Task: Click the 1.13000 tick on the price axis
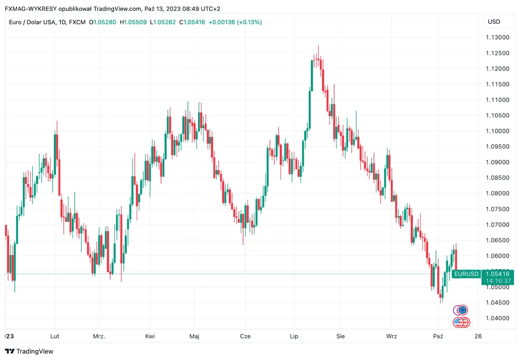pyautogui.click(x=498, y=37)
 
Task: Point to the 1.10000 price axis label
pyautogui.click(x=498, y=131)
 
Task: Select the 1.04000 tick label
pyautogui.click(x=498, y=318)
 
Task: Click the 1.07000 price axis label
pyautogui.click(x=498, y=225)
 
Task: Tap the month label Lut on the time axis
pyautogui.click(x=55, y=336)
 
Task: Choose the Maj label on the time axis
pyautogui.click(x=195, y=336)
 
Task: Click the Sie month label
pyautogui.click(x=341, y=336)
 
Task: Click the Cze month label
pyautogui.click(x=245, y=336)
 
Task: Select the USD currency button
pyautogui.click(x=494, y=22)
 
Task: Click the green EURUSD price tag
pyautogui.click(x=466, y=274)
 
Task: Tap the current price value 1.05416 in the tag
pyautogui.click(x=498, y=274)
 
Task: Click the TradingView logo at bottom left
pyautogui.click(x=29, y=351)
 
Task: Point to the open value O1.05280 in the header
pyautogui.click(x=102, y=22)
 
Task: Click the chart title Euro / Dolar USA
pyautogui.click(x=32, y=22)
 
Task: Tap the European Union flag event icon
pyautogui.click(x=463, y=310)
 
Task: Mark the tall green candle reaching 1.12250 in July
pyautogui.click(x=312, y=76)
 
